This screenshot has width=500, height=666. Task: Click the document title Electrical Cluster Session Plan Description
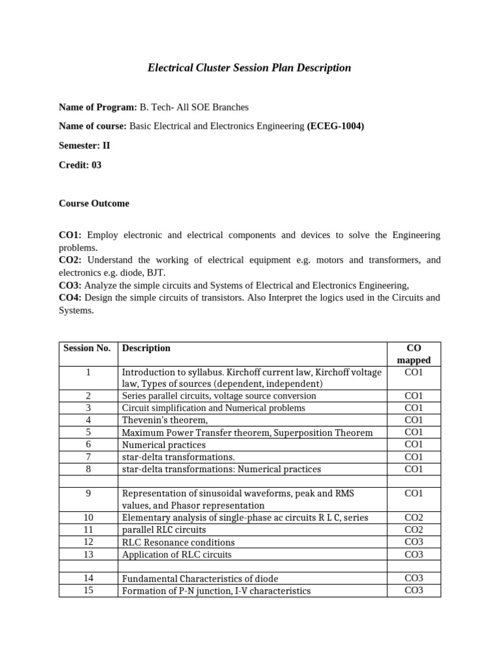point(249,68)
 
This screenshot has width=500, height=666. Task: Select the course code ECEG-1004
point(335,126)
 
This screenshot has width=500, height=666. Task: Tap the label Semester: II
point(85,146)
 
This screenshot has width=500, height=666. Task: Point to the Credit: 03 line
point(80,165)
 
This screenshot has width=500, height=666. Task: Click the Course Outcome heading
point(94,204)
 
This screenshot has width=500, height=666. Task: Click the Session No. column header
point(87,349)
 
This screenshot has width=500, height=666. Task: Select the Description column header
point(146,349)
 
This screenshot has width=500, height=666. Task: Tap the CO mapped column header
point(413,354)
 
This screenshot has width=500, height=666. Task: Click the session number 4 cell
point(88,420)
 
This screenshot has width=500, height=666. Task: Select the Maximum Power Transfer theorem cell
point(247,433)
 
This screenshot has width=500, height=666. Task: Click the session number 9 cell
point(88,494)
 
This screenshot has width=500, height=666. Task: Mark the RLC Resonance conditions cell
point(178,542)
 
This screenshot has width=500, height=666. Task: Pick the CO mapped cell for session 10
point(413,518)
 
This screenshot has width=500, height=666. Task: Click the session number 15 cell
point(88,591)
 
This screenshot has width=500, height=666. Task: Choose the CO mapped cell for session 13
point(413,555)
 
